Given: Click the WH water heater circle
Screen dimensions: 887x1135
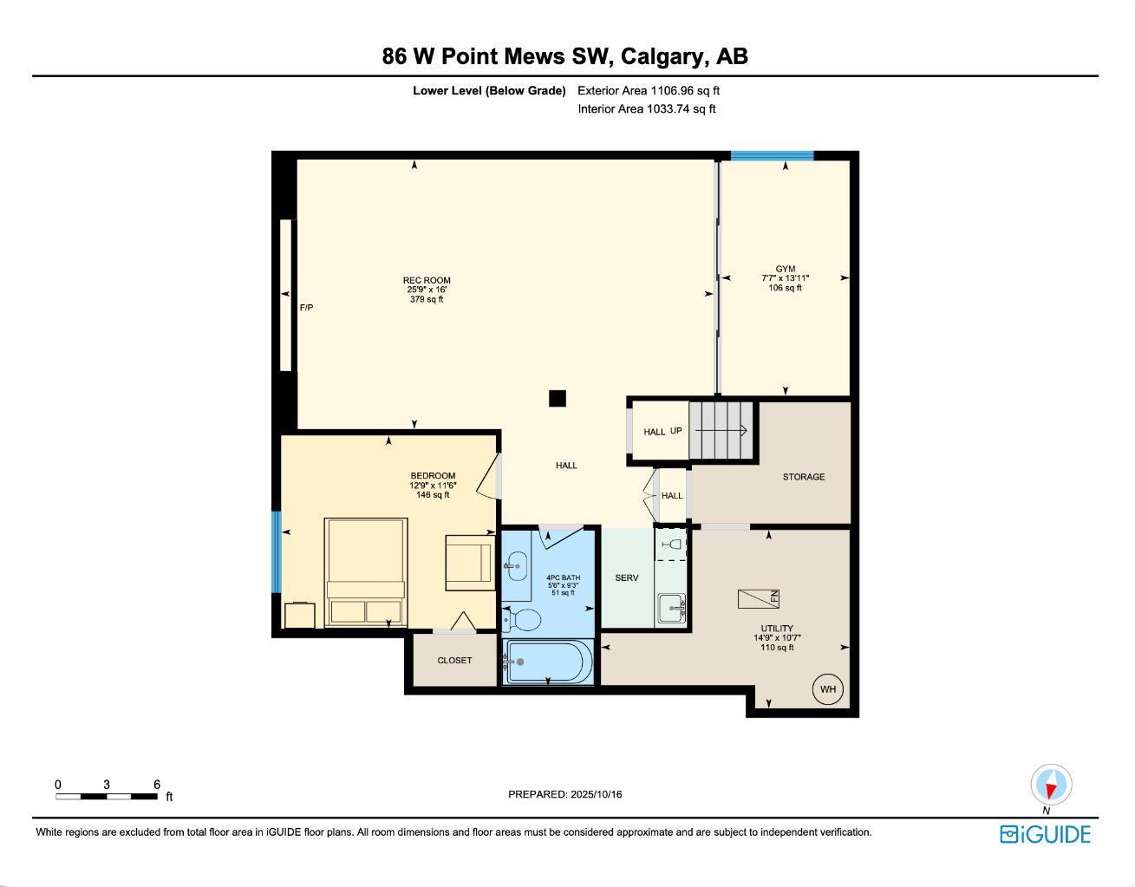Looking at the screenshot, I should [827, 689].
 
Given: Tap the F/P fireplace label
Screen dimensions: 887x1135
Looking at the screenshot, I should [306, 308].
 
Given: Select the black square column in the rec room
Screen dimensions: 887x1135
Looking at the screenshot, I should [558, 398].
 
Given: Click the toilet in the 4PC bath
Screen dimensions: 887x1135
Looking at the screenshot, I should [523, 619].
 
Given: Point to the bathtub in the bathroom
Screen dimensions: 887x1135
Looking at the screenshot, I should [546, 662].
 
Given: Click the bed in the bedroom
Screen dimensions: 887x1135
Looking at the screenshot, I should [365, 571].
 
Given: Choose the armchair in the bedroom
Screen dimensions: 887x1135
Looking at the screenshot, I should [468, 563].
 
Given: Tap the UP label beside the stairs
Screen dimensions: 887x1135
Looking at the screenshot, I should [676, 431].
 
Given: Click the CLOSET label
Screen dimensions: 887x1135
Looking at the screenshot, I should [454, 661].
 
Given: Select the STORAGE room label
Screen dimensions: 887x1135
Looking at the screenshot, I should [804, 477].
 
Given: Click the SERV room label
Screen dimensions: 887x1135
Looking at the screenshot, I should [627, 578].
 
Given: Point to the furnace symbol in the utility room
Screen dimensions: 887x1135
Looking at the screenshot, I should [759, 598].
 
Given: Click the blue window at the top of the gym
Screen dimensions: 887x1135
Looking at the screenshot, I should [772, 156].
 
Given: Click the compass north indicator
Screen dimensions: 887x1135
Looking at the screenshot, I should [1051, 786].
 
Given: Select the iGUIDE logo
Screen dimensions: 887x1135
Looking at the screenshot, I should [1045, 834].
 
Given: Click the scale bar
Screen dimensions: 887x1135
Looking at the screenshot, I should [108, 796].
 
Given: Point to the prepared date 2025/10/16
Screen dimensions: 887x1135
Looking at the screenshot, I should [564, 794].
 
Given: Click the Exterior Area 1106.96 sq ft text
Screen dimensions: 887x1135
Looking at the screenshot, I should [649, 90].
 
